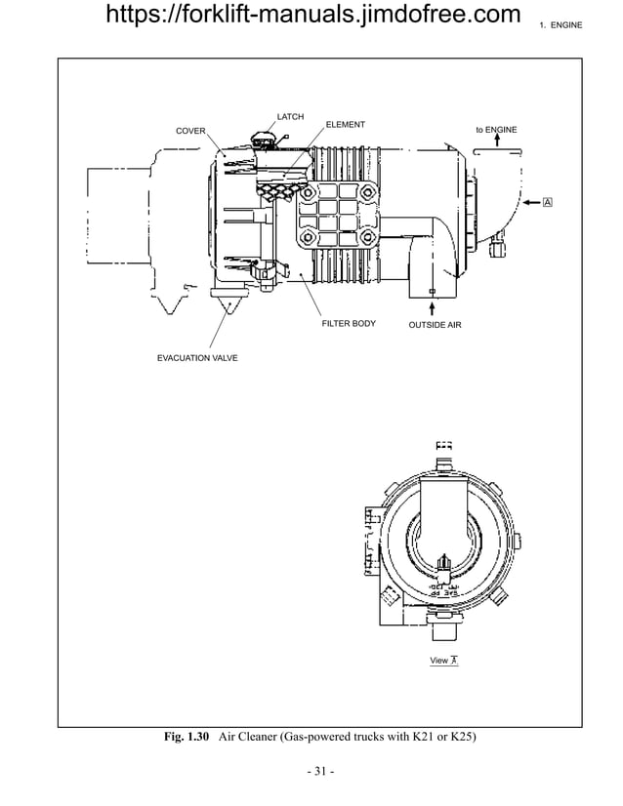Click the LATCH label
coord(290,117)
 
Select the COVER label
coord(189,131)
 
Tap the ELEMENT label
coord(345,125)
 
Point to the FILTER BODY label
coord(349,323)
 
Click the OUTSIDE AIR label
coord(435,324)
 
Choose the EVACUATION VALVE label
coord(197,359)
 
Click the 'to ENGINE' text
coord(496,130)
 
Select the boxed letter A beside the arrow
coord(547,202)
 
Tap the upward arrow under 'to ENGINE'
coord(497,142)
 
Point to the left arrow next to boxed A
coord(530,202)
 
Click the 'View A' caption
coord(444,661)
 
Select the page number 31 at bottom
coord(320,773)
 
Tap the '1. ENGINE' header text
coord(561,23)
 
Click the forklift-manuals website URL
coord(311,16)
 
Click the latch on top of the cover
coord(261,140)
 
